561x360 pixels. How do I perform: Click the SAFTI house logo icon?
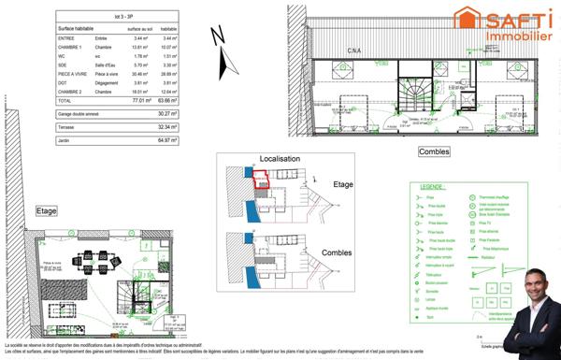tap(466, 19)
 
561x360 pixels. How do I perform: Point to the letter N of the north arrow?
tap(218, 36)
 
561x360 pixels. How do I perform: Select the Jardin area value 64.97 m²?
tap(170, 139)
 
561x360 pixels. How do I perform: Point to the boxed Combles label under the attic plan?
tap(431, 151)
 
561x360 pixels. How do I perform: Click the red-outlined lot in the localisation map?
tap(263, 179)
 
